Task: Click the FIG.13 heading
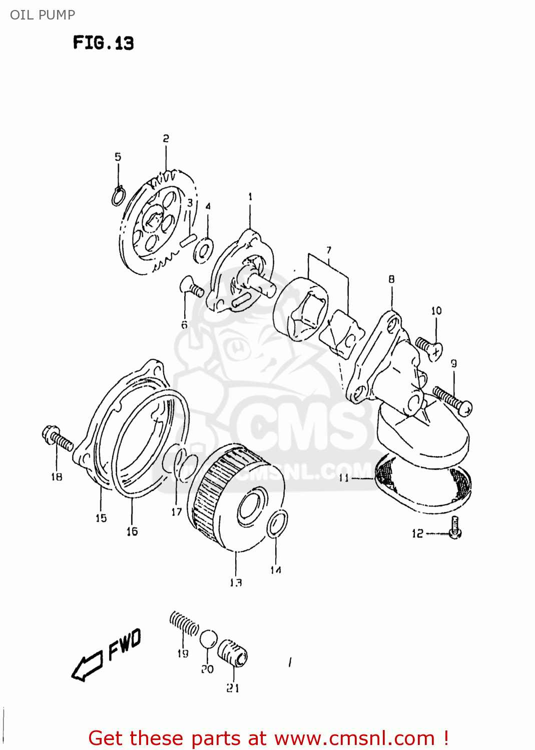(103, 42)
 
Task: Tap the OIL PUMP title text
(43, 14)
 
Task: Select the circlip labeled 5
(118, 196)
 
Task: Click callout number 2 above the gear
(166, 138)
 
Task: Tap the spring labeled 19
(184, 623)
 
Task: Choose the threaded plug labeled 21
(233, 653)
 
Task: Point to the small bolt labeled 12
(455, 527)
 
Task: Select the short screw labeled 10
(429, 348)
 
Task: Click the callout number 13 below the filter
(236, 582)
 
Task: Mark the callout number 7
(329, 250)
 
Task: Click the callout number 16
(132, 531)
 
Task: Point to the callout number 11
(344, 477)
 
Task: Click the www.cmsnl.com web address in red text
(354, 738)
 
